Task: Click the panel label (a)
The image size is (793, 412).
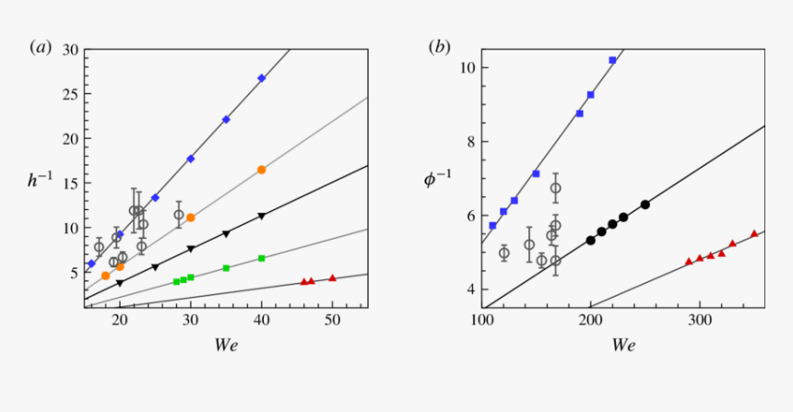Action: pyautogui.click(x=41, y=47)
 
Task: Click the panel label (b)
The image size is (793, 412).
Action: pyautogui.click(x=440, y=47)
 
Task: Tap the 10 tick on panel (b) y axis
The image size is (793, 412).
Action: pyautogui.click(x=467, y=68)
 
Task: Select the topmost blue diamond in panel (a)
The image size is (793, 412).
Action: pyautogui.click(x=262, y=78)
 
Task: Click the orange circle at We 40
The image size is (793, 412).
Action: pyautogui.click(x=262, y=170)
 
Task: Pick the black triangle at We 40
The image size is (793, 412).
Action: pyautogui.click(x=262, y=216)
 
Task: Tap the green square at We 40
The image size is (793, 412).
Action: pyautogui.click(x=262, y=258)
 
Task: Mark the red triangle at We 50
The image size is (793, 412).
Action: pyautogui.click(x=332, y=277)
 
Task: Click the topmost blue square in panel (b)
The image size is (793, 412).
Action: pyautogui.click(x=612, y=60)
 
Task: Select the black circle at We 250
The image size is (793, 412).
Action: pyautogui.click(x=645, y=205)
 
